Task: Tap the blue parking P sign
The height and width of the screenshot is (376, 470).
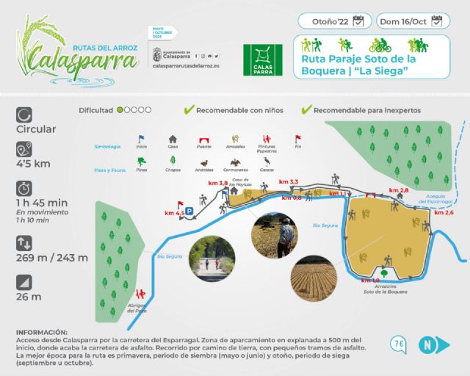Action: pyautogui.click(x=189, y=211)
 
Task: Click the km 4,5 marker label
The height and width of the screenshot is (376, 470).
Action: pyautogui.click(x=174, y=213)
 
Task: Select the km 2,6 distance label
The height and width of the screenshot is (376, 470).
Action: pyautogui.click(x=444, y=213)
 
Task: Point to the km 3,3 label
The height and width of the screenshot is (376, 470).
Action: pyautogui.click(x=289, y=181)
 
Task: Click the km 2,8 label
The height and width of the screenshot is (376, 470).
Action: pyautogui.click(x=399, y=190)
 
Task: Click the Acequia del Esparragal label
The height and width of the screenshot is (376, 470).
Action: pyautogui.click(x=446, y=198)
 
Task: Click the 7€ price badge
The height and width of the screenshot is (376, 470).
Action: pyautogui.click(x=399, y=343)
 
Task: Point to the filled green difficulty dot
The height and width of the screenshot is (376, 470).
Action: pyautogui.click(x=120, y=110)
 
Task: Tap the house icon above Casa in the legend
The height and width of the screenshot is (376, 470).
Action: pyautogui.click(x=173, y=138)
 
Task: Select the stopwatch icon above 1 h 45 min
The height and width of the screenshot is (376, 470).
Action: pyautogui.click(x=24, y=187)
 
